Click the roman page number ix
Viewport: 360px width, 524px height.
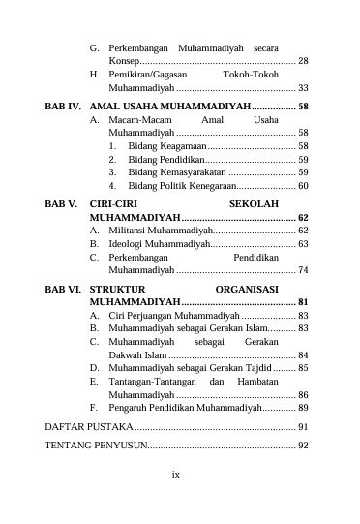(x=176, y=502)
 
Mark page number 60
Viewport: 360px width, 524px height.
(x=303, y=185)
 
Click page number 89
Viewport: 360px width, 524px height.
(x=303, y=409)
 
